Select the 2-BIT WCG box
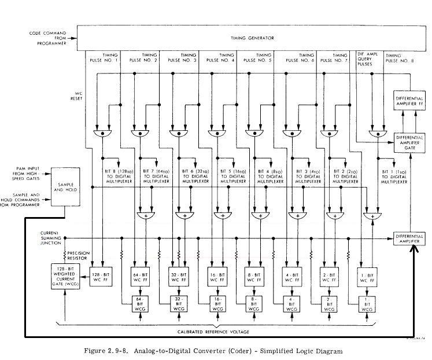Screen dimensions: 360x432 click(x=328, y=304)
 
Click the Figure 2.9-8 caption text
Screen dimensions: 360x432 click(x=213, y=351)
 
